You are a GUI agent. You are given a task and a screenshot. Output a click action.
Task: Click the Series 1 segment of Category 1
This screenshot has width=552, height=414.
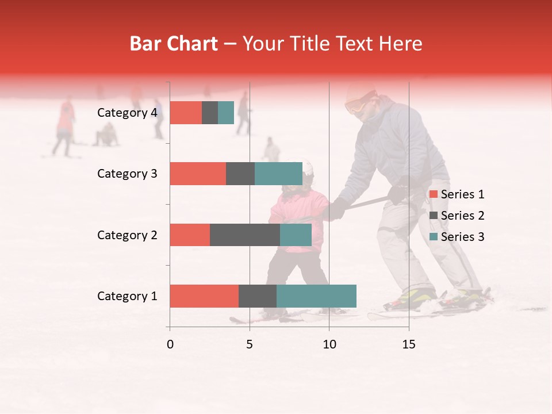pos(204,296)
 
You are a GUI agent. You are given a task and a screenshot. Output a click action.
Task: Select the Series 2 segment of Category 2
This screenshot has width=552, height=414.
pos(245,235)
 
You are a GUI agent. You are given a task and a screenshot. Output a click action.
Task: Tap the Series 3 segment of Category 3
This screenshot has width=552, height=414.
pos(278,174)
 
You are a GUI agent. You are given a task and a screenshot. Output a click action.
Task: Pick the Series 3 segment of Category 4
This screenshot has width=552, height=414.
pos(226,113)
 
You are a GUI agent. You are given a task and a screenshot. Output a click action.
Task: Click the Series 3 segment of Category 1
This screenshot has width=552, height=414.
pos(316,296)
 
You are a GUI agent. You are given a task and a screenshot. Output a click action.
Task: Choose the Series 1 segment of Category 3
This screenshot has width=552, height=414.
pos(198,174)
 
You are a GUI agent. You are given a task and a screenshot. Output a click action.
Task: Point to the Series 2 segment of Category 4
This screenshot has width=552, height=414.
pos(210,113)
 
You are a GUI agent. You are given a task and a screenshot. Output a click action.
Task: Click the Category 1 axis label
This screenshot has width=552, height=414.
pos(127,296)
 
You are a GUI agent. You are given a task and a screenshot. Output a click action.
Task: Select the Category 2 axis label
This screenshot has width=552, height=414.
pos(127,235)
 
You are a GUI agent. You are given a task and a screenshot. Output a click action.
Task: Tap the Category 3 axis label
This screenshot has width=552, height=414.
pos(127,174)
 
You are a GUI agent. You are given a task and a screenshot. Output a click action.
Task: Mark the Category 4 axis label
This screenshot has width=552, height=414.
pos(127,113)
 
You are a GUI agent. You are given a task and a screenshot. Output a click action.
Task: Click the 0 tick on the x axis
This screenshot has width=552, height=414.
pos(170,344)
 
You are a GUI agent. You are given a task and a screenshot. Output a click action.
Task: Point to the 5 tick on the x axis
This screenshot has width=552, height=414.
pos(250,344)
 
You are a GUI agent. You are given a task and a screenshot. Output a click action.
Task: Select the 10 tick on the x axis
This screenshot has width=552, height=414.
pos(329,344)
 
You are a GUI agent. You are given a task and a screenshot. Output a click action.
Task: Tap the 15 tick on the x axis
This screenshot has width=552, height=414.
pos(409,344)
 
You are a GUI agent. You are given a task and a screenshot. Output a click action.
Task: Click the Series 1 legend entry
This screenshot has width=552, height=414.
pos(457,194)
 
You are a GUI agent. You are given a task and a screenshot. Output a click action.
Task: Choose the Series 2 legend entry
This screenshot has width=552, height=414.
pos(457,216)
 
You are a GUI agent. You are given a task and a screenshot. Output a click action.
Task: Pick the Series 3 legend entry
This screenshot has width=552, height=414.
pos(457,237)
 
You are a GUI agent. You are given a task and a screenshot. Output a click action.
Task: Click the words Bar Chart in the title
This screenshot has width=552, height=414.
pos(174,44)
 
